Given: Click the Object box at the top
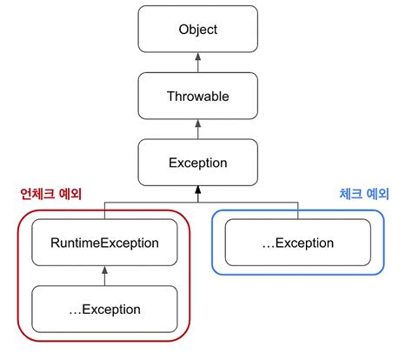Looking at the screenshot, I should (x=197, y=29).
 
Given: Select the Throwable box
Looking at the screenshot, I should (x=197, y=97).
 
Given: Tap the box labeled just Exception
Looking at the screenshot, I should (x=197, y=163).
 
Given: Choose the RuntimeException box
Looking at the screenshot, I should (x=103, y=243).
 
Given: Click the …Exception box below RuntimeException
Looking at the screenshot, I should (x=103, y=309).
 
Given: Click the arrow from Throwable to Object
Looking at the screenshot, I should (x=197, y=63).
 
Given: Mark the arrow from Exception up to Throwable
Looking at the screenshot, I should (x=197, y=130).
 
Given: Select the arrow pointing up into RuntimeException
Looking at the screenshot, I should (x=103, y=276).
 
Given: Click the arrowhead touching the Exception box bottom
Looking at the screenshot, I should (x=197, y=189).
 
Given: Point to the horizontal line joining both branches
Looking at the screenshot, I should (x=200, y=202).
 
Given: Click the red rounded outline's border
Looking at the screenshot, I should (x=16, y=278).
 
